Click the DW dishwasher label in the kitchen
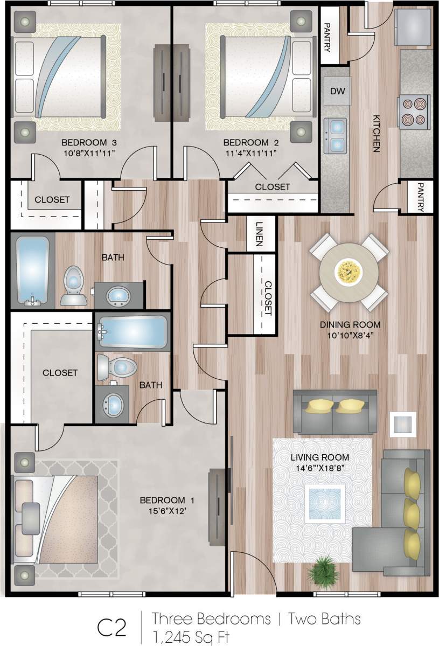[x=337, y=91]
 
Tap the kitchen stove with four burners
[x=414, y=112]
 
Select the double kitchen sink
[x=336, y=135]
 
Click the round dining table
[x=349, y=272]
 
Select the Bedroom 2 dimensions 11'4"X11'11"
[x=251, y=154]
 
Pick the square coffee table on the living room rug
[x=324, y=503]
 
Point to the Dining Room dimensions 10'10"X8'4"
[x=350, y=335]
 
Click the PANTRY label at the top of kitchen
[x=327, y=37]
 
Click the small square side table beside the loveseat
[x=403, y=423]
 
